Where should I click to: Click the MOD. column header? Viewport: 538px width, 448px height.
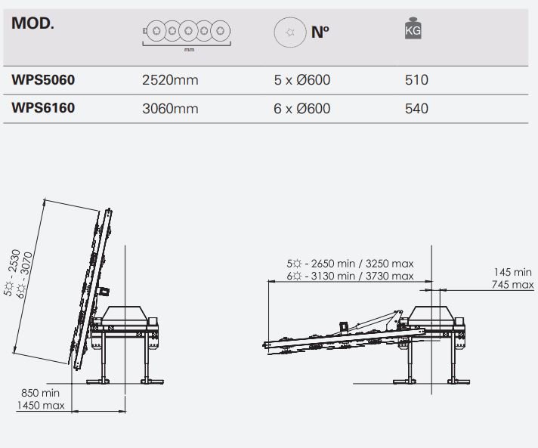(x=32, y=23)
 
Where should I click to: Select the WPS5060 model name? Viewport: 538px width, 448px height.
(x=43, y=80)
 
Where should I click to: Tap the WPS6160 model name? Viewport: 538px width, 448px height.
(x=43, y=108)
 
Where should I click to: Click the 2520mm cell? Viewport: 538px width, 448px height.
(x=170, y=80)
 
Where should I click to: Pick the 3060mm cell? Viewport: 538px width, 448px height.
(x=170, y=109)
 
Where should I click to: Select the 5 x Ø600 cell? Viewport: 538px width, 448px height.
(x=302, y=80)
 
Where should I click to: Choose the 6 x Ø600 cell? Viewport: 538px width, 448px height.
(x=302, y=109)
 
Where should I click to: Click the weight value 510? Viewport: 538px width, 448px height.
(x=416, y=80)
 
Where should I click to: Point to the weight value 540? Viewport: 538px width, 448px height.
(x=416, y=109)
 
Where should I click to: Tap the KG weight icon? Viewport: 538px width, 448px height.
(x=413, y=29)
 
